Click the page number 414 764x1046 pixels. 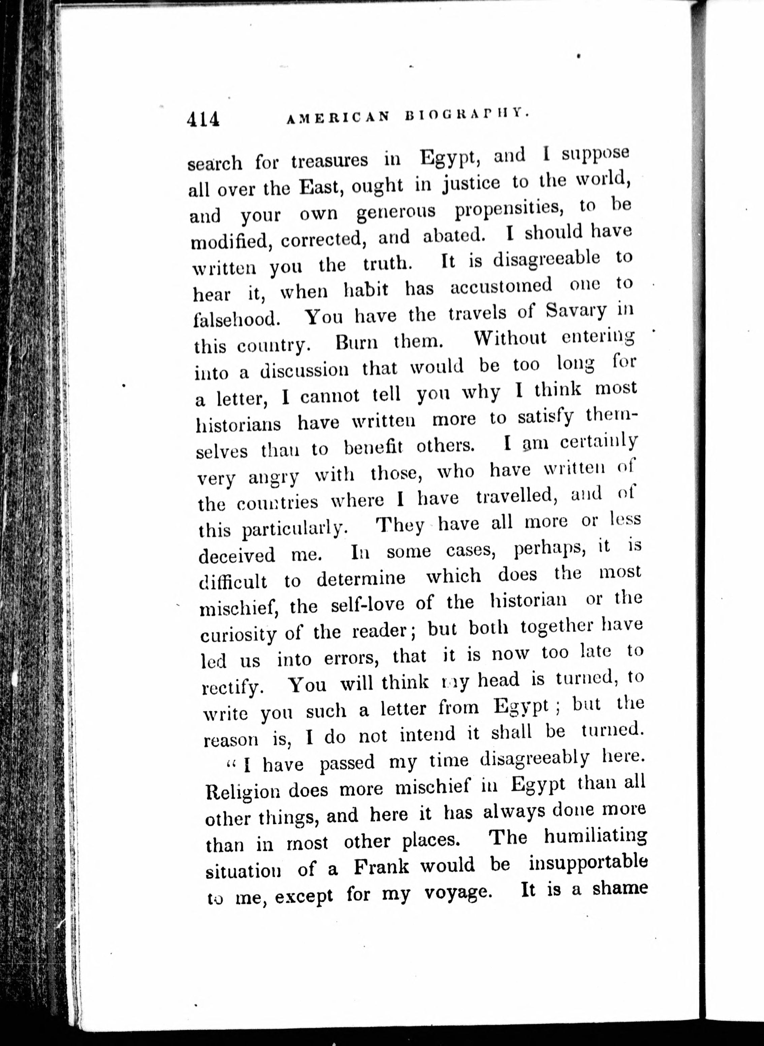(203, 120)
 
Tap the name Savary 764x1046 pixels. (575, 310)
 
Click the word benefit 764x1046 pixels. (373, 448)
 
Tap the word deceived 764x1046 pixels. (237, 555)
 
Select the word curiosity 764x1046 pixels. (238, 634)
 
